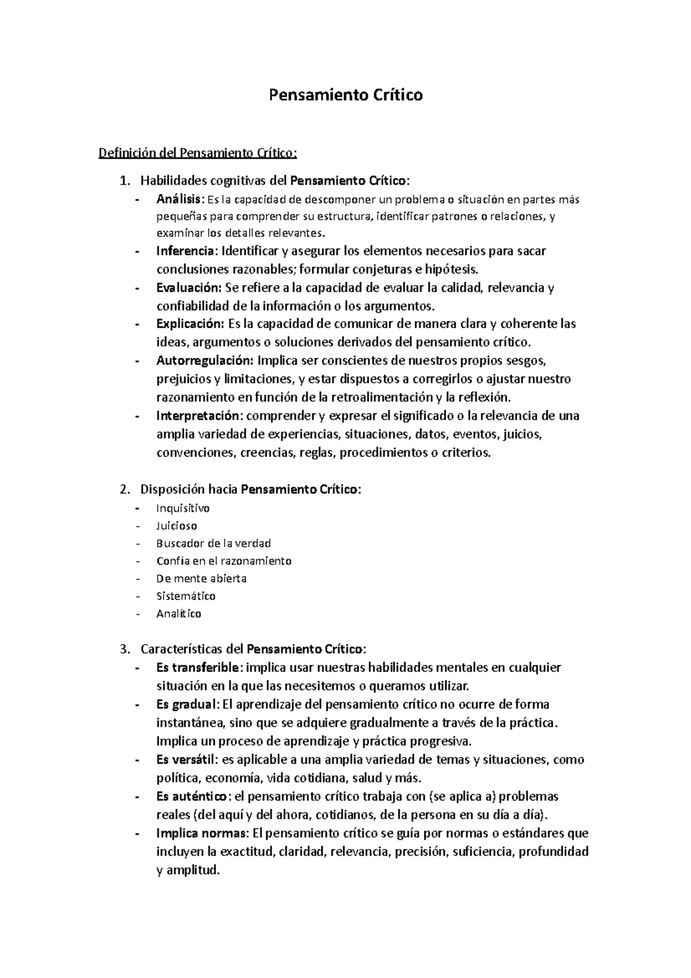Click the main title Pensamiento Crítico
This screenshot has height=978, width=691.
(346, 94)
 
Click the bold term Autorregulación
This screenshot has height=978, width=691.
(204, 361)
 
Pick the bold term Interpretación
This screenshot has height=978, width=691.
(196, 416)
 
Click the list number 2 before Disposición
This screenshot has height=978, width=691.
(124, 490)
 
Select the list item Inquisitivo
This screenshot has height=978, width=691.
(183, 508)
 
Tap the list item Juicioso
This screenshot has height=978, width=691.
(176, 526)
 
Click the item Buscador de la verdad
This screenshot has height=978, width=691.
(213, 543)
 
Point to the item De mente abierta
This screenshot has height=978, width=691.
(201, 578)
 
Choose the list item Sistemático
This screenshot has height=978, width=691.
(185, 596)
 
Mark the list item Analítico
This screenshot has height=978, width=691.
(179, 613)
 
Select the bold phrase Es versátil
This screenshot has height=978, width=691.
(187, 760)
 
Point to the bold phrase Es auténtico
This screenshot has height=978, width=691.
(192, 797)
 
